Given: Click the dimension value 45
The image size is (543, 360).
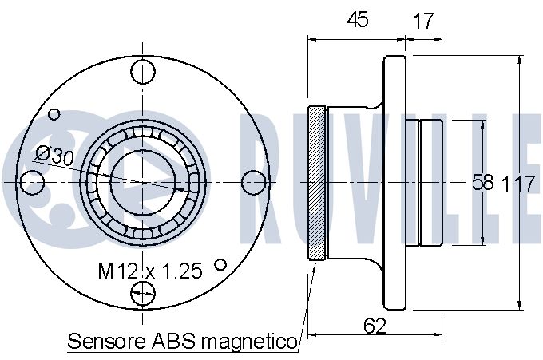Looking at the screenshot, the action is (x=358, y=19).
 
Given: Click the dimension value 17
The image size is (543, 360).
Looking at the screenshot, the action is (x=423, y=21).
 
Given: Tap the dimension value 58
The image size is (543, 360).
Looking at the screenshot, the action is (x=483, y=182).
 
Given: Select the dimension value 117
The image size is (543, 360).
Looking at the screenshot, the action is (x=518, y=184).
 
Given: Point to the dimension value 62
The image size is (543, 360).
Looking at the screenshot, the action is (x=375, y=326).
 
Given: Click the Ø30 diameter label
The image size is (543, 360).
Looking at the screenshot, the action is (x=55, y=156).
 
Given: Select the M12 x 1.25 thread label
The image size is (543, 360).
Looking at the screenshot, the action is (x=150, y=271).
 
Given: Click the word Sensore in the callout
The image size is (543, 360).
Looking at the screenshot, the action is (x=107, y=342).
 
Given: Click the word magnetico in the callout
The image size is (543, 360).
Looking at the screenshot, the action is (x=249, y=342).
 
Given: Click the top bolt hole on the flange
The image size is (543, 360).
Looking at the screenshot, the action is (x=143, y=72).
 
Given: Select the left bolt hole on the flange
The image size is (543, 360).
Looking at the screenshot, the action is (x=32, y=182).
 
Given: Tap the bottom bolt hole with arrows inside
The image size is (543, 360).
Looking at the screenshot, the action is (x=143, y=293).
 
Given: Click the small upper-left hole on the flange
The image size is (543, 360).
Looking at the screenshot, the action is (x=54, y=114).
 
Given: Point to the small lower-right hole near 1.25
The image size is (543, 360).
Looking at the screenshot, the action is (x=220, y=265).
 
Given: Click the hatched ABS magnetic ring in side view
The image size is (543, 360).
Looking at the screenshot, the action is (x=316, y=183).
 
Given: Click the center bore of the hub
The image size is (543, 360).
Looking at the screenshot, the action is (x=143, y=182).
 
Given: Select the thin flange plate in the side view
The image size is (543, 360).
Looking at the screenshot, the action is (x=394, y=183).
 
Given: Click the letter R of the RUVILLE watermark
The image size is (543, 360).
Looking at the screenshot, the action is (x=260, y=177).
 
